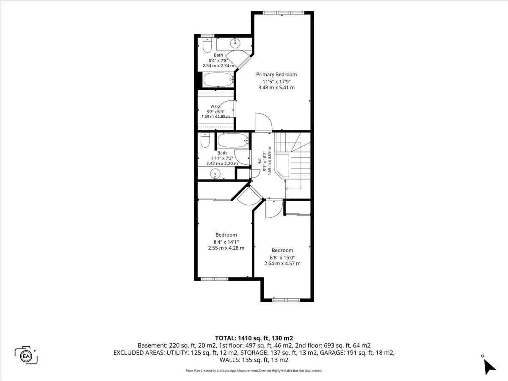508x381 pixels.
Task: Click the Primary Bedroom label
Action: pyautogui.click(x=276, y=75)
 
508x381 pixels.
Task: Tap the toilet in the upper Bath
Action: pyautogui.click(x=207, y=45)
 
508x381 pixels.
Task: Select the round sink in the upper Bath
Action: pyautogui.click(x=235, y=43)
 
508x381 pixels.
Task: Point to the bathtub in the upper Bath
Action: pyautogui.click(x=218, y=80)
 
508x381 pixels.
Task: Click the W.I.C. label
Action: pyautogui.click(x=215, y=106)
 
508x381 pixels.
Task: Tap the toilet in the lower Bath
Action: pyautogui.click(x=205, y=140)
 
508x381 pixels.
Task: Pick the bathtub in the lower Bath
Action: pyautogui.click(x=233, y=141)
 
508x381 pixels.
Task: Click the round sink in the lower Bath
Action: pyautogui.click(x=215, y=174)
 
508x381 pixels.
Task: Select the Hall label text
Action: pyautogui.click(x=259, y=161)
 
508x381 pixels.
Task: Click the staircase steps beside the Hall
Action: pyautogui.click(x=293, y=165)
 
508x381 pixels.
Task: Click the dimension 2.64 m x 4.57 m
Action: pyautogui.click(x=282, y=263)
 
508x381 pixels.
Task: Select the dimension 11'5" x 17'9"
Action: pyautogui.click(x=276, y=82)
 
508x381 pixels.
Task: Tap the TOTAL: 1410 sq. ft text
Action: pyautogui.click(x=242, y=338)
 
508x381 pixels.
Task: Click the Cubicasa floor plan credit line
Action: pyautogui.click(x=254, y=370)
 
